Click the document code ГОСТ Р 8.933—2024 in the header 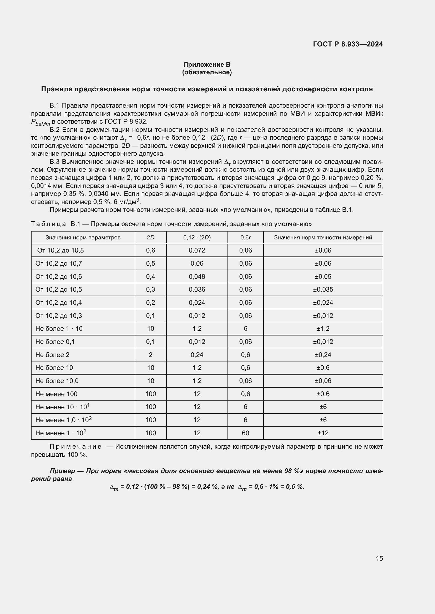click(348, 44)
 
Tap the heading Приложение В click(207, 65)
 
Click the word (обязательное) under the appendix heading click(207, 72)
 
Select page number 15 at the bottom click(379, 558)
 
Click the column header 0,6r click(245, 238)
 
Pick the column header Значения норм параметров click(83, 238)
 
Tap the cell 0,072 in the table click(197, 250)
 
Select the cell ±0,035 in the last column click(323, 289)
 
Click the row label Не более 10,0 click(57, 381)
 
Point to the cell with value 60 click(245, 433)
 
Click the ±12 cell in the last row click(323, 433)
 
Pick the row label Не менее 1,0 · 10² click(63, 420)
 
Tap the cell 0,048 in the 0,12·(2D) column click(197, 276)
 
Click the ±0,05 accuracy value click(323, 276)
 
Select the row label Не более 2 click(53, 355)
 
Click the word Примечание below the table click(75, 447)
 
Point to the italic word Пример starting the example click(62, 471)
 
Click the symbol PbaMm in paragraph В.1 click(41, 122)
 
